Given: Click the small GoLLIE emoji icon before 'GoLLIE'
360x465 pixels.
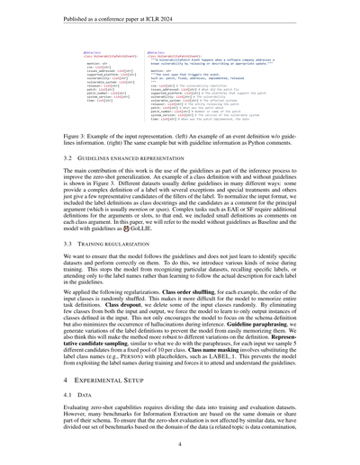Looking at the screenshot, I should point(137,229).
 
